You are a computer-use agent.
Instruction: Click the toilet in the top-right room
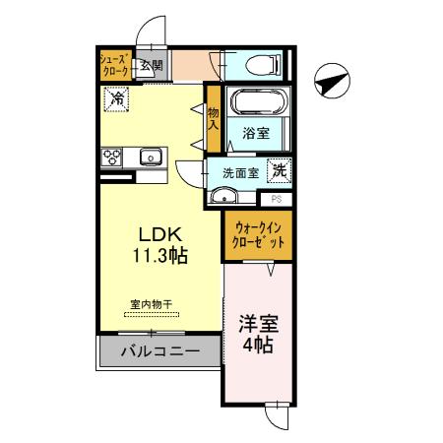[x=263, y=66]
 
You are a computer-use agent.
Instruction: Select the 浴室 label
[x=257, y=134]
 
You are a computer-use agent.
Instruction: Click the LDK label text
[x=156, y=235]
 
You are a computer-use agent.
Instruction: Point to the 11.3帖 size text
[x=156, y=255]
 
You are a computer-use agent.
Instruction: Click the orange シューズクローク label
[x=114, y=66]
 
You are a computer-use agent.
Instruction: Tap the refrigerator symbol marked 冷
[x=116, y=98]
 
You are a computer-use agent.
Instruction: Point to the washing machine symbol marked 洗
[x=281, y=168]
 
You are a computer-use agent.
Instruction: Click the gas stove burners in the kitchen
[x=111, y=156]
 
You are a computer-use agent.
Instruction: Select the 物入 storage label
[x=213, y=117]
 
